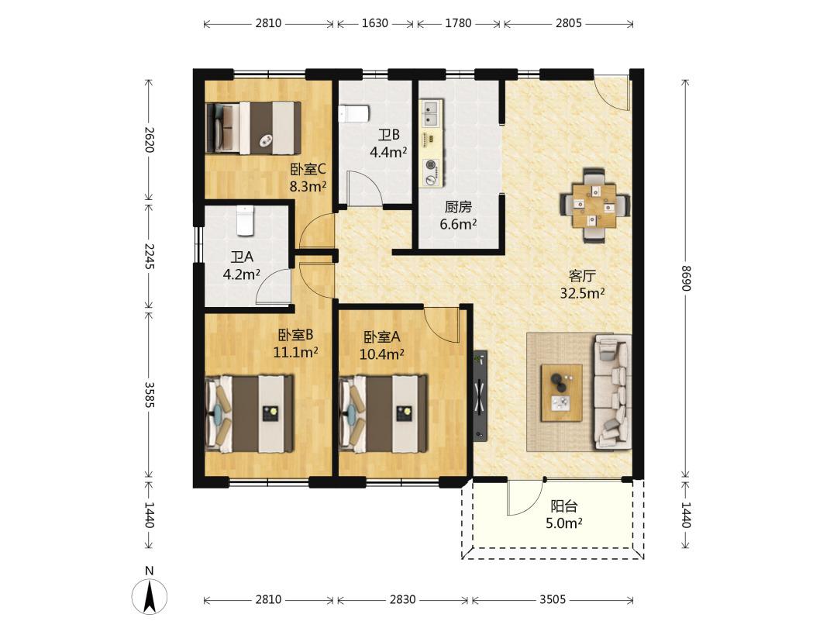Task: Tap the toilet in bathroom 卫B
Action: pos(353,113)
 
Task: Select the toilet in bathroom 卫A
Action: pos(245,220)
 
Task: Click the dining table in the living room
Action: pos(594,205)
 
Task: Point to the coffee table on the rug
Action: pos(561,393)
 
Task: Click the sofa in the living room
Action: pos(613,392)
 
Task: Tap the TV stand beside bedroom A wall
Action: pos(480,395)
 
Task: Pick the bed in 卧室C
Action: pos(253,128)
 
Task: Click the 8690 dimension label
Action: pos(687,278)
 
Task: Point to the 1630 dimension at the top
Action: pos(375,23)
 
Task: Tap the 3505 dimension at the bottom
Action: pos(552,599)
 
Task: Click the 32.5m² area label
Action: pos(582,293)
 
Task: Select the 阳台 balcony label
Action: pos(564,506)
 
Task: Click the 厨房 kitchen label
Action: pos(458,207)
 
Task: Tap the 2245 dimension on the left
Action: pos(149,257)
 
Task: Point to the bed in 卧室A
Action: pos(384,413)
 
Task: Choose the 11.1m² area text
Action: pos(296,353)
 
